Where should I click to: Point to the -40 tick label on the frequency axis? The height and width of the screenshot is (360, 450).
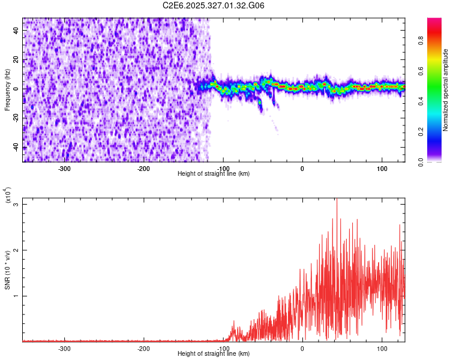pos(15,148)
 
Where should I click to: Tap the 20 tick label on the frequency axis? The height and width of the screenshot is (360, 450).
pos(16,59)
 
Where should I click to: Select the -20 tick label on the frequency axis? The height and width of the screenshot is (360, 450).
pos(15,118)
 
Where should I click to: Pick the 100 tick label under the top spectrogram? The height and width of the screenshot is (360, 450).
pos(382,168)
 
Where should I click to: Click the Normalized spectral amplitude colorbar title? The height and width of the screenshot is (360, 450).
pos(445,90)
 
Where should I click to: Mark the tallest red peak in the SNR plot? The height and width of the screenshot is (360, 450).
pos(337,200)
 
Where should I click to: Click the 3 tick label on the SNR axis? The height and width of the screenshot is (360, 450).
pos(16,205)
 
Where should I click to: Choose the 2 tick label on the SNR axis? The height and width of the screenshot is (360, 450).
pos(16,250)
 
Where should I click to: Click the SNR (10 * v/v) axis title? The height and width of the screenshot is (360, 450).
pos(7,270)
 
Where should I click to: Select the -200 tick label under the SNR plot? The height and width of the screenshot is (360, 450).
pos(143,348)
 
